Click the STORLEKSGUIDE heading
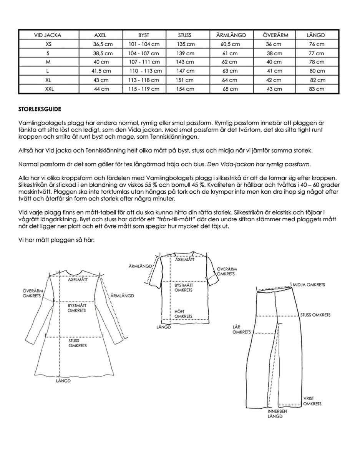coord(39,109)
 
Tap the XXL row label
coord(48,89)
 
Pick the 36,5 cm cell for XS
coord(100,44)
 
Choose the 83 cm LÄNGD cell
coord(317,89)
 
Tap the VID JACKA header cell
coord(48,35)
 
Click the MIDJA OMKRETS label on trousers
coord(309,285)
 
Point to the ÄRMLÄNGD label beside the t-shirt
coord(141,266)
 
